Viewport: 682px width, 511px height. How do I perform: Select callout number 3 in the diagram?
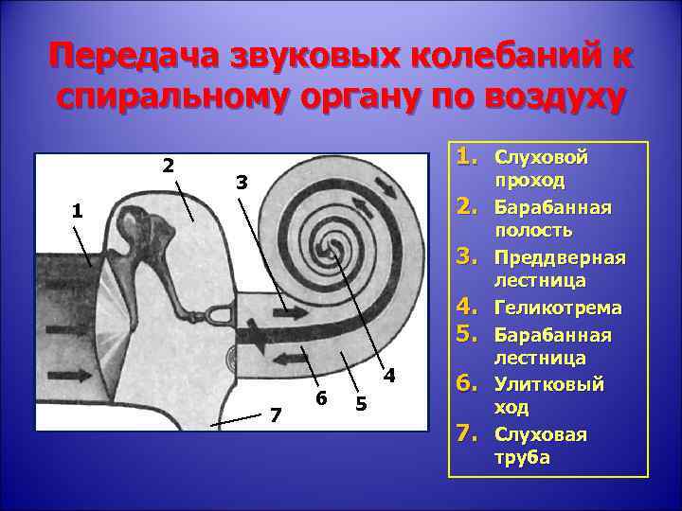(x=242, y=183)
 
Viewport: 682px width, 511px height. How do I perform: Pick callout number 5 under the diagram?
(x=361, y=405)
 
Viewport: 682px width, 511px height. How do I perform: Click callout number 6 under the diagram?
(x=323, y=399)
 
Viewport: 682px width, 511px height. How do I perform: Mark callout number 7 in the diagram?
(x=276, y=414)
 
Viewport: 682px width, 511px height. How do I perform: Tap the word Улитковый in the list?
(x=549, y=384)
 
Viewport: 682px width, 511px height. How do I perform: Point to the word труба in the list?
(x=521, y=457)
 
